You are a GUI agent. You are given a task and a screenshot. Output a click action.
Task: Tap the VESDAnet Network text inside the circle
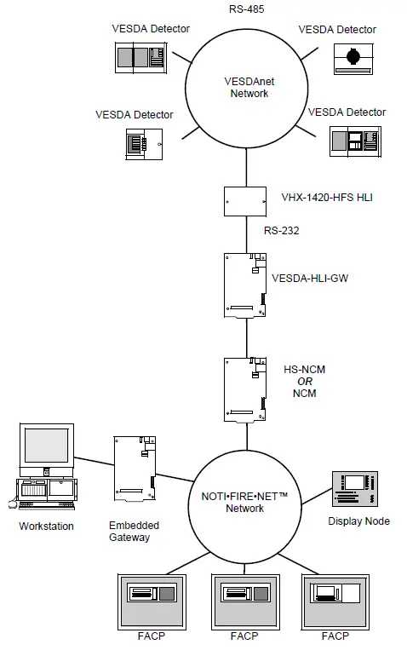coord(249,88)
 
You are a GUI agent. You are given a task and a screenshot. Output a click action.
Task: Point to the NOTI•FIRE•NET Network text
coord(247,502)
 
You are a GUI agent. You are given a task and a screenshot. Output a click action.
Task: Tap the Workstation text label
coord(46,527)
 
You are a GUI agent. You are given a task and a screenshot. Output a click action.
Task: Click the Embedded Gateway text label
coord(135,532)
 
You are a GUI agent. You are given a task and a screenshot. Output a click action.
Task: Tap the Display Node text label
coord(358,521)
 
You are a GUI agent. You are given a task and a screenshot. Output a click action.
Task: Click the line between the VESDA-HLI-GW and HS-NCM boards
coord(247,337)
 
